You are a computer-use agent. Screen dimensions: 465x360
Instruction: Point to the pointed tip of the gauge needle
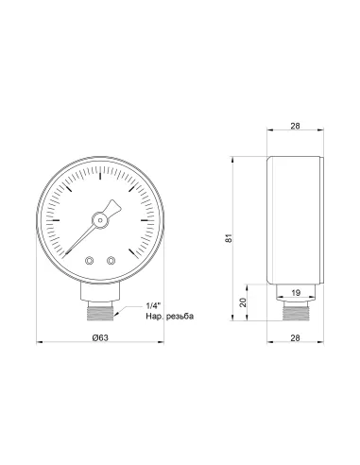(x=66, y=252)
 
